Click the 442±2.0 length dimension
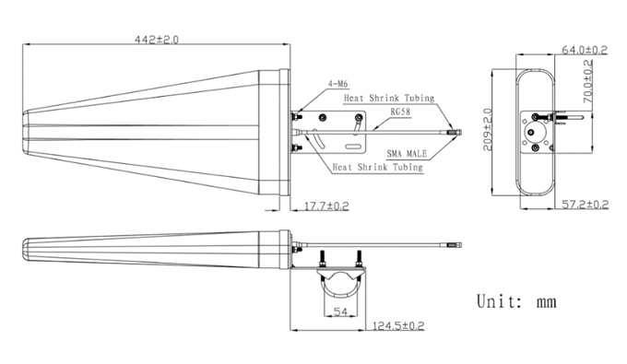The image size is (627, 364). [157, 40]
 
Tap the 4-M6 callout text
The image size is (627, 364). [337, 84]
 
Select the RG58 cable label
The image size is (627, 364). [400, 112]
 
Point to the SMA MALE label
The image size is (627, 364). [407, 153]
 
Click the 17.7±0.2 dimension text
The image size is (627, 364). [326, 206]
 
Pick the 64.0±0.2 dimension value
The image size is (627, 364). [585, 50]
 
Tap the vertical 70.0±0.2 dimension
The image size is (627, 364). [588, 81]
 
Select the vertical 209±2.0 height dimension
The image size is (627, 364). [488, 130]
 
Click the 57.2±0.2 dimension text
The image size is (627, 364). [586, 205]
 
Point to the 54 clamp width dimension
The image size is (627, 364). [340, 311]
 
